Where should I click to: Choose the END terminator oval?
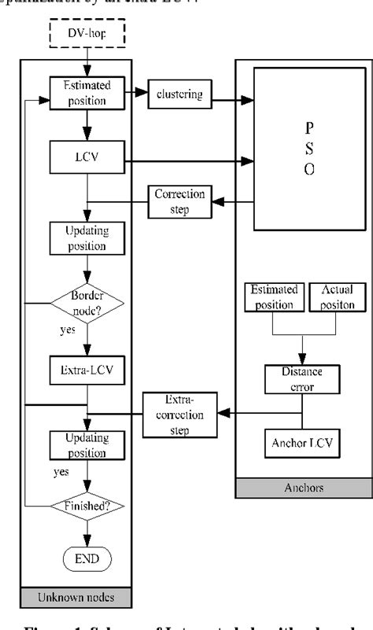point(87,559)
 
